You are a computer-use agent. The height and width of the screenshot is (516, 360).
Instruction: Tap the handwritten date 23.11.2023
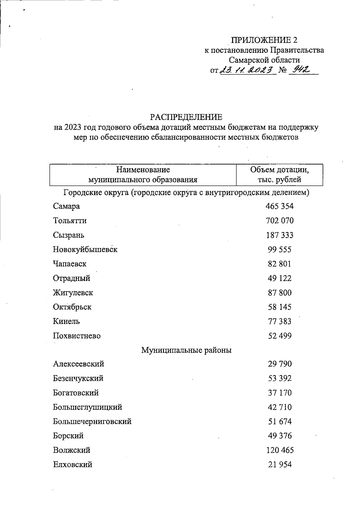pyautogui.click(x=248, y=70)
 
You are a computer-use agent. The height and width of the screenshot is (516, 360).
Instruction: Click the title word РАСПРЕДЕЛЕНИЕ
pyautogui.click(x=186, y=116)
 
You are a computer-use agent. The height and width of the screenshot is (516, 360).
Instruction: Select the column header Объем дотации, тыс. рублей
pyautogui.click(x=280, y=175)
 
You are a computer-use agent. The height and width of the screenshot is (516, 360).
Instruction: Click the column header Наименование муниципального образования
pyautogui.click(x=143, y=175)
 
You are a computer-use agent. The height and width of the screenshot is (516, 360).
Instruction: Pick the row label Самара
pyautogui.click(x=67, y=206)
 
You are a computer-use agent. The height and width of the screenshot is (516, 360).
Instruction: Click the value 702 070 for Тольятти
pyautogui.click(x=280, y=221)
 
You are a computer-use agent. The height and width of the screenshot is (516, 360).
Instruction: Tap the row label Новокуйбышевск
pyautogui.click(x=85, y=249)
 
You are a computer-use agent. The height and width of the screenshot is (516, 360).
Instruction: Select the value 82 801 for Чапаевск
pyautogui.click(x=280, y=264)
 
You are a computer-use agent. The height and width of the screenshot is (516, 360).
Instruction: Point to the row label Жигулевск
pyautogui.click(x=73, y=293)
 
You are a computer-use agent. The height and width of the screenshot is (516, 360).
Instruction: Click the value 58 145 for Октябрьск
pyautogui.click(x=280, y=307)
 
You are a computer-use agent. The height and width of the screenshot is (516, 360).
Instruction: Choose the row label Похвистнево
pyautogui.click(x=77, y=336)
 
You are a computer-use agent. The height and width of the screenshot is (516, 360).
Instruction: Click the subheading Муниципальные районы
pyautogui.click(x=186, y=350)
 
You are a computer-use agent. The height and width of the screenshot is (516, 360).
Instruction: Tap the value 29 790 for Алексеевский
pyautogui.click(x=280, y=364)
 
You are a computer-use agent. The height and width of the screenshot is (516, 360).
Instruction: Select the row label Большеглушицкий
pyautogui.click(x=88, y=407)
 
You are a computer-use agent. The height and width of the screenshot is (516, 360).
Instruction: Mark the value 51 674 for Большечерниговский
pyautogui.click(x=280, y=421)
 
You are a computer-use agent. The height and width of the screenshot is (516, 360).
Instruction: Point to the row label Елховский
pyautogui.click(x=73, y=465)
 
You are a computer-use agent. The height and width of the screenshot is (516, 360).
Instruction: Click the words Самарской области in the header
pyautogui.click(x=264, y=60)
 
